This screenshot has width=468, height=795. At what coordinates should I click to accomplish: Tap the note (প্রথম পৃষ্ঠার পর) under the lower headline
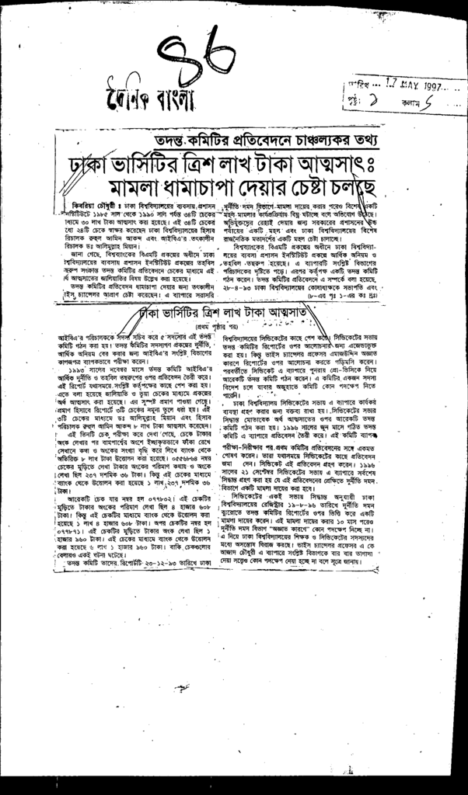233,326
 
